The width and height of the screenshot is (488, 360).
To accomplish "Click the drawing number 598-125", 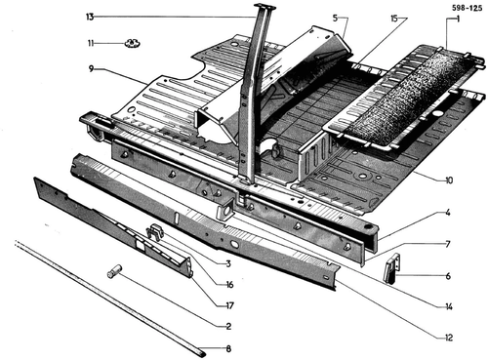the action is (x=467, y=8).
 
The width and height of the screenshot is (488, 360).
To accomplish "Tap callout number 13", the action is (x=90, y=17).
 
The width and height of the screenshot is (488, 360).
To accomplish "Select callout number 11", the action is (x=91, y=43).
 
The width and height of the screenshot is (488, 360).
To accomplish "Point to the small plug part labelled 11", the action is (x=132, y=43).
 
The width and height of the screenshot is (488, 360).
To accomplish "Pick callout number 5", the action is (x=335, y=18).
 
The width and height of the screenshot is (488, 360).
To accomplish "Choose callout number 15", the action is (x=394, y=19).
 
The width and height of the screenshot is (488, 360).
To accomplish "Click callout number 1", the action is (x=458, y=20).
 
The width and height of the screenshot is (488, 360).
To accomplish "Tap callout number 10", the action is (x=449, y=180).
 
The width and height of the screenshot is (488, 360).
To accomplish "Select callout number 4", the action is (x=448, y=213).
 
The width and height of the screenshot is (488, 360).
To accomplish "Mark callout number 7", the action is (x=448, y=244).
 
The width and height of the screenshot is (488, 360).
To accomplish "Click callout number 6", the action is (x=448, y=276).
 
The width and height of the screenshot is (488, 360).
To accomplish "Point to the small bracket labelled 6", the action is (x=392, y=268).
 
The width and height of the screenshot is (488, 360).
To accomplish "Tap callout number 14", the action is (x=449, y=306).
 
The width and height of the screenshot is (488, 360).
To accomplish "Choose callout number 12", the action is (x=449, y=338).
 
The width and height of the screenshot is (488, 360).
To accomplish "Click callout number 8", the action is (x=228, y=349).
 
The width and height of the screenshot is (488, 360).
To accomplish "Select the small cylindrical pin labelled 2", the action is (x=115, y=271).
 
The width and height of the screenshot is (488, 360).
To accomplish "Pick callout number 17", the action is (x=229, y=305).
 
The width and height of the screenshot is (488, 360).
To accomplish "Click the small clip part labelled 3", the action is (x=154, y=231).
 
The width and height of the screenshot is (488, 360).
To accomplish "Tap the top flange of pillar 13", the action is (x=264, y=6).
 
